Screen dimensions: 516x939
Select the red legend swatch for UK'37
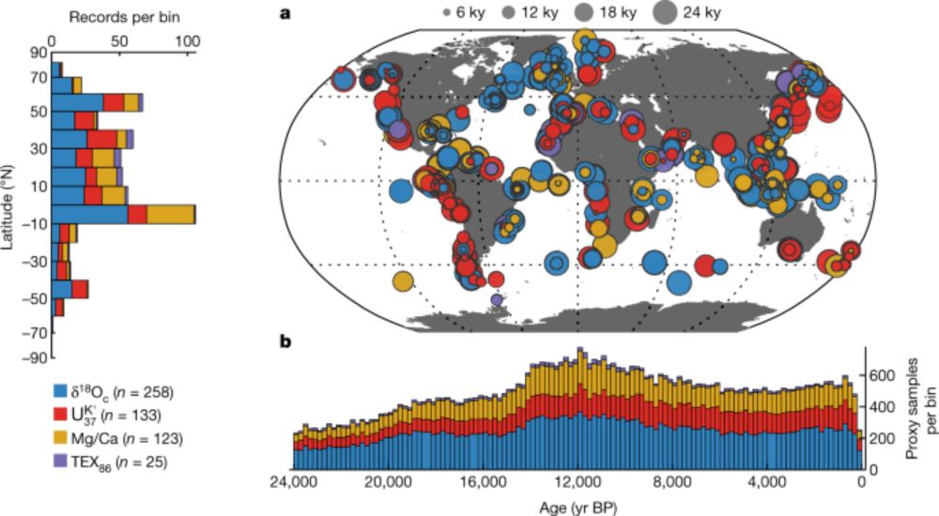[x=59, y=414]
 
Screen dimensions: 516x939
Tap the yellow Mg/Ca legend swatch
[x=59, y=436]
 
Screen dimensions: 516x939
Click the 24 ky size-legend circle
[x=664, y=13]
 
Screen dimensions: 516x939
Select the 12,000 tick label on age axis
[x=577, y=484]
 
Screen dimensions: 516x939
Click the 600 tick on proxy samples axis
[x=886, y=373]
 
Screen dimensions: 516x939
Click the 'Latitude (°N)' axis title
[x=9, y=205]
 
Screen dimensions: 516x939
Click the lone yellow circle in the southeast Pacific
[x=404, y=280]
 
